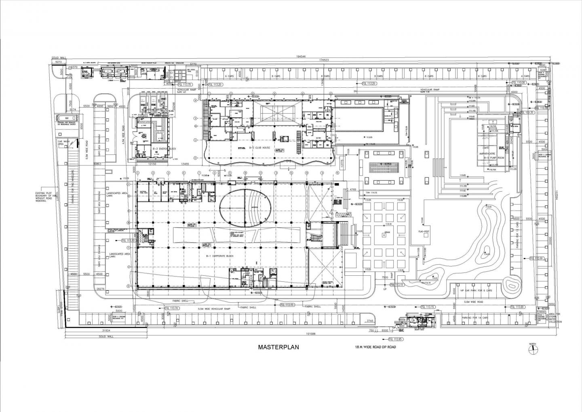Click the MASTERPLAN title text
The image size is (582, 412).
click(x=279, y=347)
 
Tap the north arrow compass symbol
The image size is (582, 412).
click(x=533, y=347)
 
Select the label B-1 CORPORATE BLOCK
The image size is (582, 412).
click(x=220, y=256)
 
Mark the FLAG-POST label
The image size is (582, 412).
click(x=424, y=232)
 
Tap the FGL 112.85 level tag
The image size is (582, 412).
click(x=396, y=339)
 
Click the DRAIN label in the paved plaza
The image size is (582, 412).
click(x=387, y=232)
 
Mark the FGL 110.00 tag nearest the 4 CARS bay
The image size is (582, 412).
click(x=519, y=82)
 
